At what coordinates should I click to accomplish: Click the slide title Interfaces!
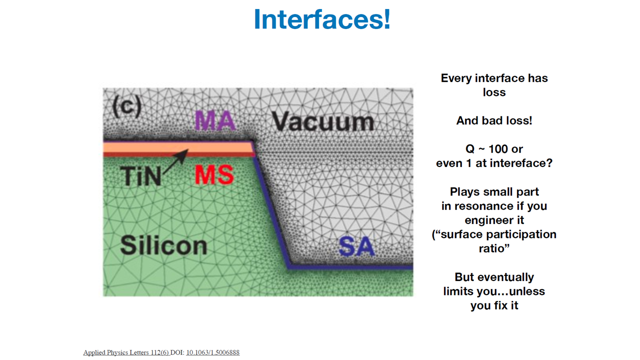[322, 19]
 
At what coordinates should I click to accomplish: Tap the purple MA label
[215, 120]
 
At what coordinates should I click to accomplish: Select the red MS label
[214, 174]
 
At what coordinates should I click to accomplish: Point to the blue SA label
[356, 246]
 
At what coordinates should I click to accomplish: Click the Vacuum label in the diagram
[323, 121]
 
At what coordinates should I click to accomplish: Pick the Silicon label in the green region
[163, 245]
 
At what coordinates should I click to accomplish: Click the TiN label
[140, 175]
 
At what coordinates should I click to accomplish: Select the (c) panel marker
[127, 106]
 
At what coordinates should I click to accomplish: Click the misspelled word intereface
[513, 163]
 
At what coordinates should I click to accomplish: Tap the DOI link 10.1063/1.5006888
[213, 352]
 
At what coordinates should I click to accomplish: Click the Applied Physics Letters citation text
[126, 352]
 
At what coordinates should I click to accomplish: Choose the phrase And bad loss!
[494, 120]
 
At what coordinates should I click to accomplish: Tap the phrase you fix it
[494, 305]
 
